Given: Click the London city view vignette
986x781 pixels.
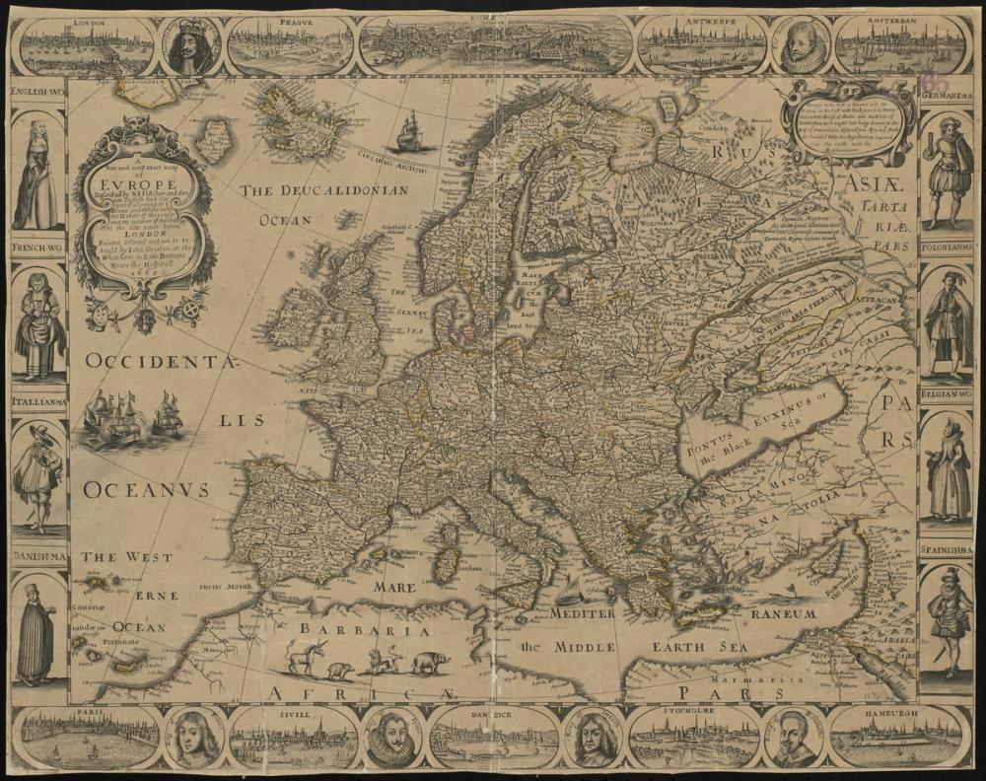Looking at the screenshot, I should click(x=86, y=47).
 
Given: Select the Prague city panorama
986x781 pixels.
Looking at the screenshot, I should click(x=290, y=45).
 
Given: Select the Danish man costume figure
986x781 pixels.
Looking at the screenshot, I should click(x=37, y=631).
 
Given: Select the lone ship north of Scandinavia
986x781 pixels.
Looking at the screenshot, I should click(x=411, y=131).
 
